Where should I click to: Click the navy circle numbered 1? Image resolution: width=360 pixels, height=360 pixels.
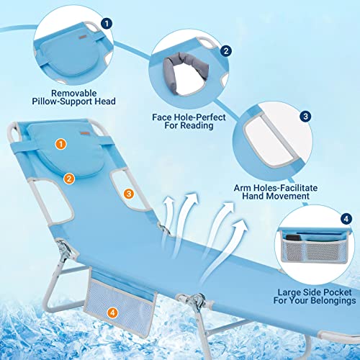click(x=107, y=24)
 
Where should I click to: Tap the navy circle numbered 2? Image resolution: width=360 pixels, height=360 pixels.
click(x=226, y=51)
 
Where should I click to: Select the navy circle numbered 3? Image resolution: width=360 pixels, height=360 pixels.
click(x=305, y=117)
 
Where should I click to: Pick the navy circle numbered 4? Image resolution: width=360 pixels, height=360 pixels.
click(x=346, y=219)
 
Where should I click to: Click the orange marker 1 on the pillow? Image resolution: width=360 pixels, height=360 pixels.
click(x=60, y=144)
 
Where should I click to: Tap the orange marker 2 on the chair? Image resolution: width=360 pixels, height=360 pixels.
click(x=69, y=179)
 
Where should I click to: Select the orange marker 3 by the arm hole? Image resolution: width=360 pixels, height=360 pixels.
click(x=129, y=194)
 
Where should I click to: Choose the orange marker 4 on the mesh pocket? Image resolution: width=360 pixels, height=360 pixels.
click(x=112, y=312)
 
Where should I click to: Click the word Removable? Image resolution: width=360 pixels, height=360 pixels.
click(x=74, y=93)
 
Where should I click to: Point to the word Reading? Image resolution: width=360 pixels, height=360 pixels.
click(x=198, y=126)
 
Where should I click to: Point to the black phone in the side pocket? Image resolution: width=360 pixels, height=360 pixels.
click(x=293, y=238)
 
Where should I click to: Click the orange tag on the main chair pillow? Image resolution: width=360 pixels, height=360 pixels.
click(x=84, y=133)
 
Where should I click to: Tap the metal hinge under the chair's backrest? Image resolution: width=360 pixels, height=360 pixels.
click(x=64, y=250)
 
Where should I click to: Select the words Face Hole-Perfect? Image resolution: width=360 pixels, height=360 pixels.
click(x=189, y=117)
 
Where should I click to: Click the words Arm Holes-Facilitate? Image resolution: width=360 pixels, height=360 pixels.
click(x=276, y=188)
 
